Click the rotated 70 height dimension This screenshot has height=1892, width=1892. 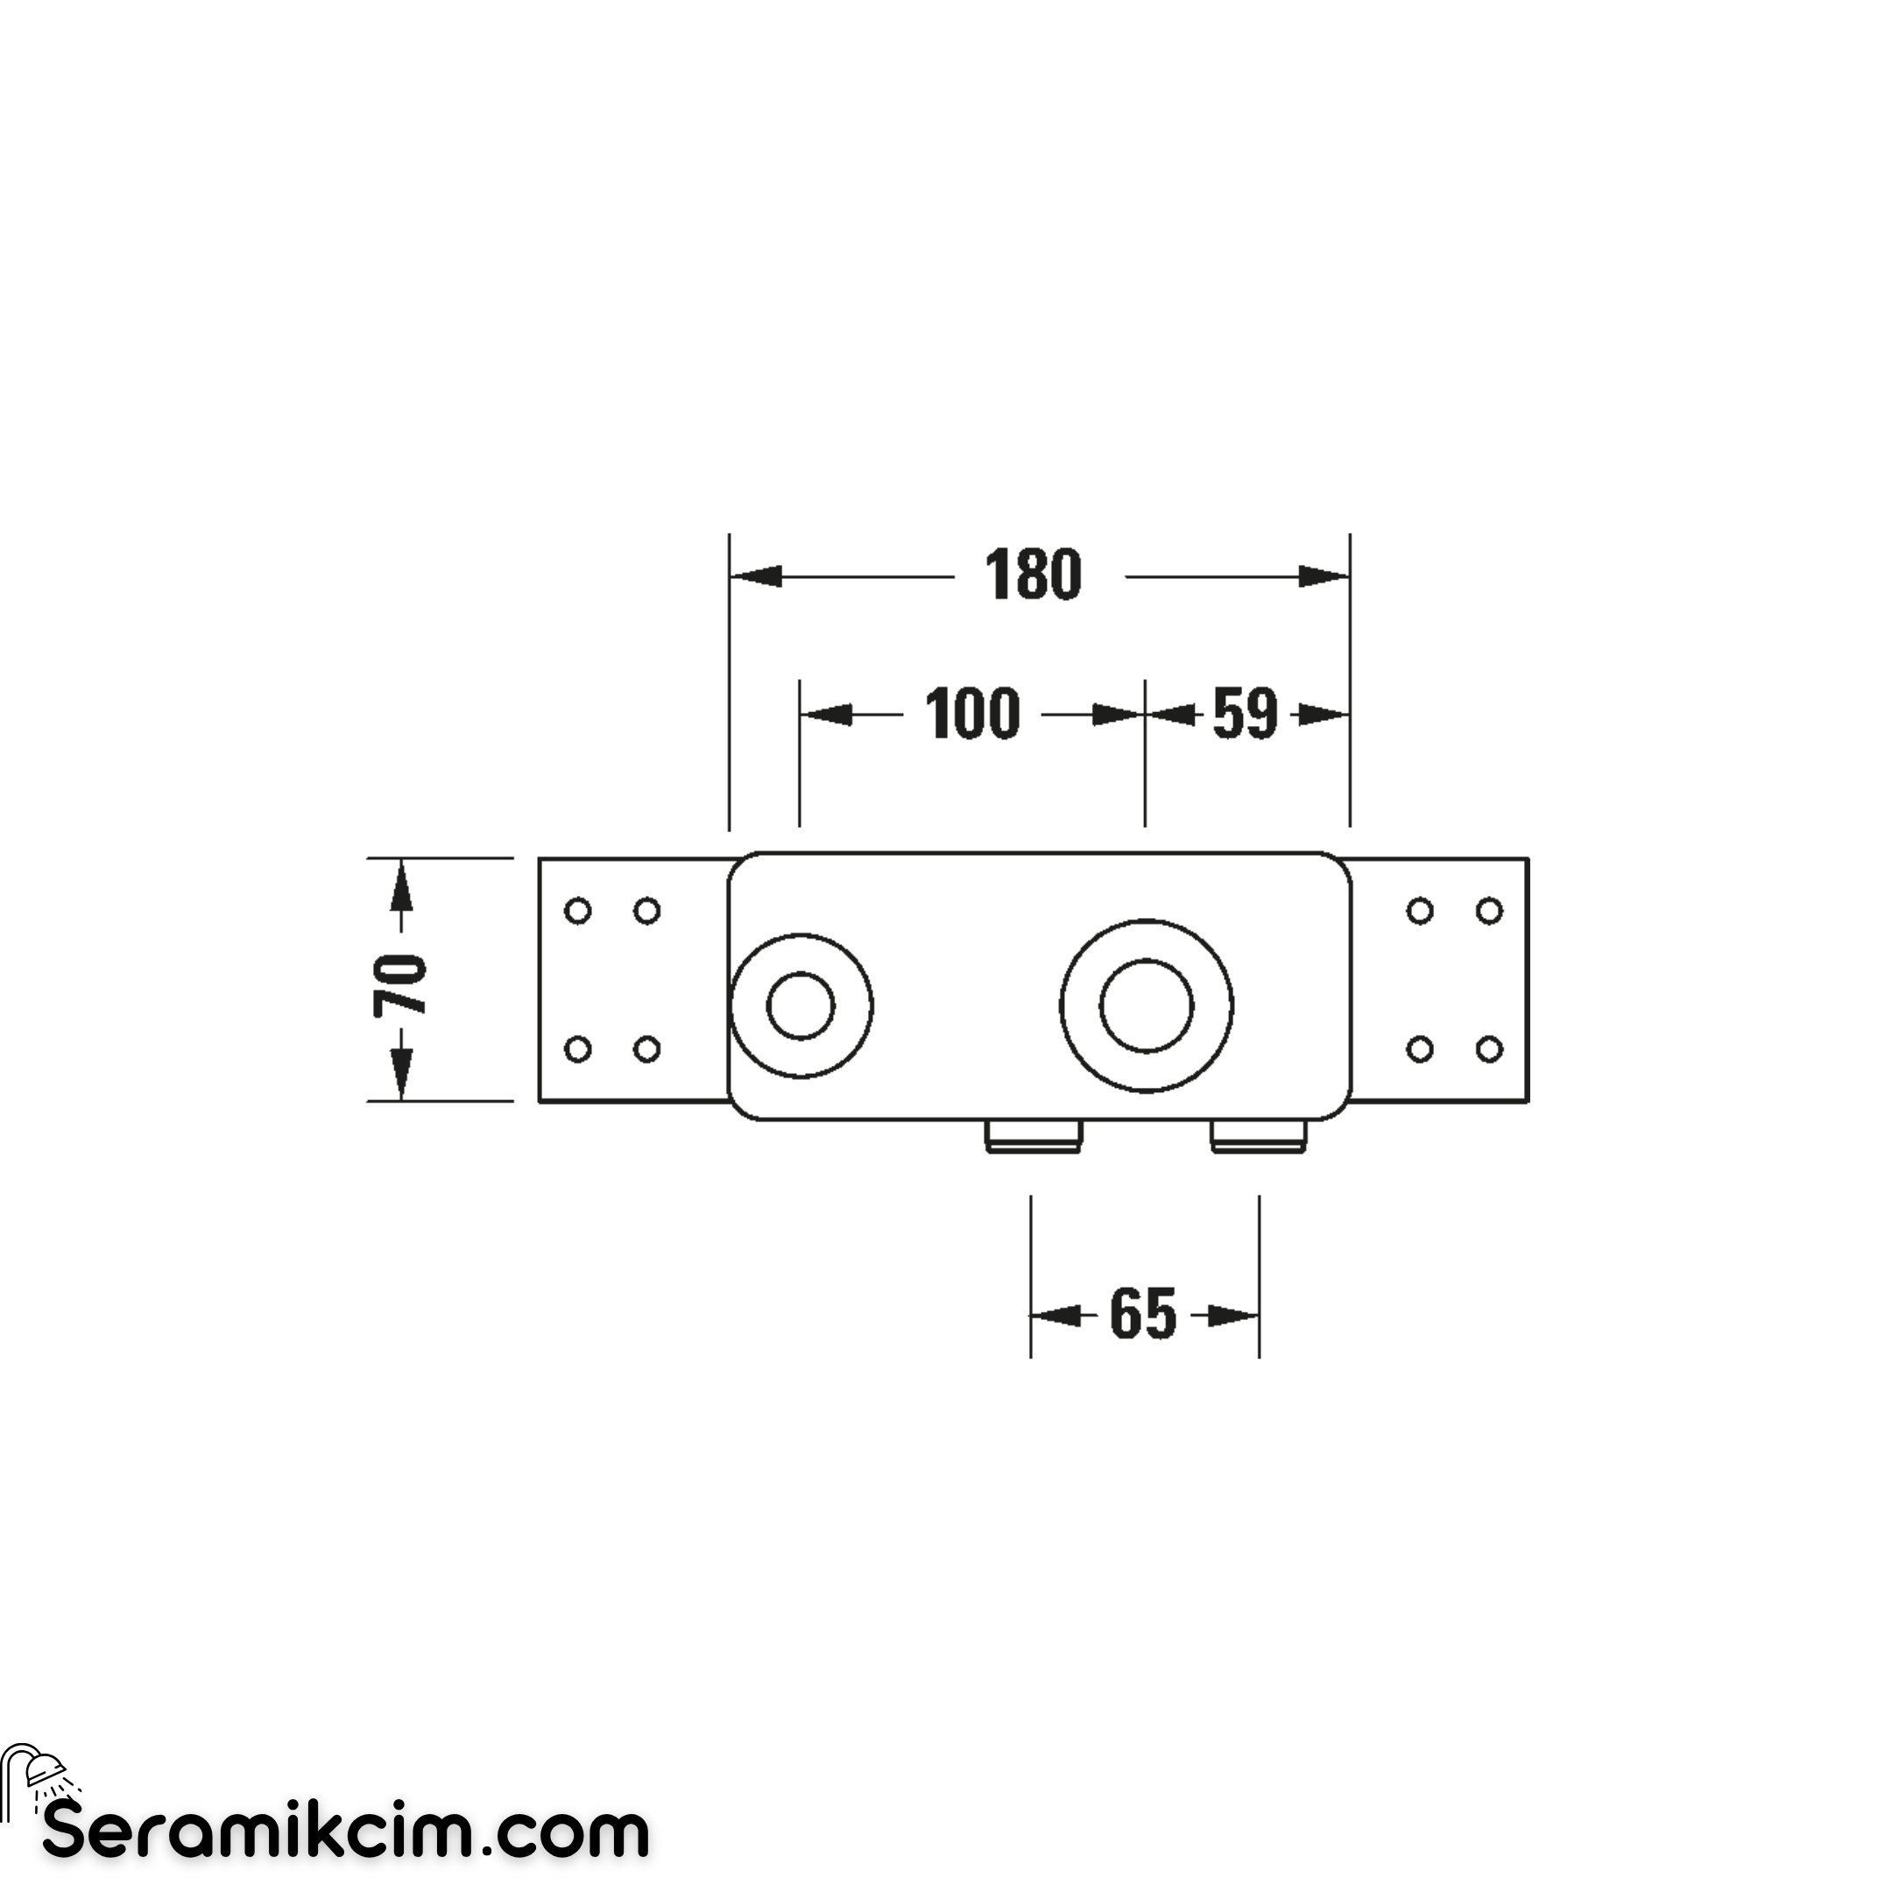[399, 985]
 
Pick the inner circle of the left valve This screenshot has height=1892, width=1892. [801, 1006]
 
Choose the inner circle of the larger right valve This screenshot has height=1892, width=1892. [1147, 1006]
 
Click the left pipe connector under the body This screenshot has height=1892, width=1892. [1034, 1136]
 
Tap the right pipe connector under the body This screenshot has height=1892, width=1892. [1260, 1136]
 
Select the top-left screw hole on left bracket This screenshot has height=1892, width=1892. [579, 912]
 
